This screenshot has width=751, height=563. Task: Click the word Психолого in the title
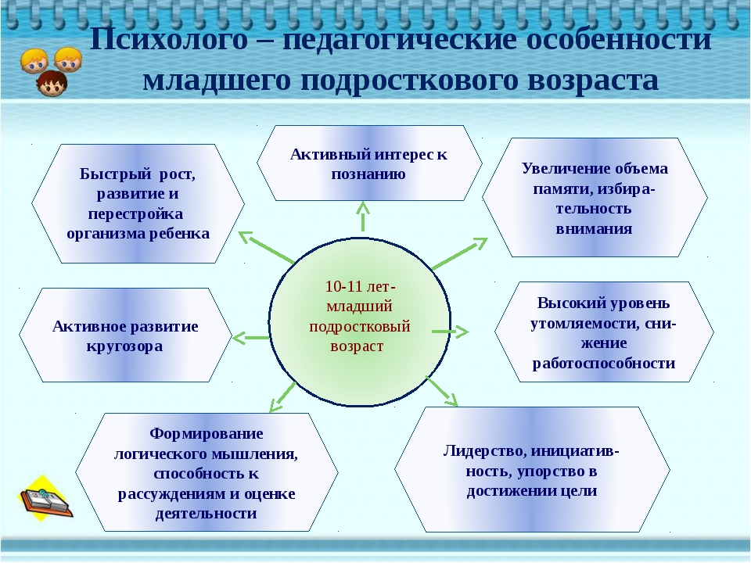pyautogui.click(x=169, y=40)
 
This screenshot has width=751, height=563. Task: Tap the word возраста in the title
pyautogui.click(x=593, y=81)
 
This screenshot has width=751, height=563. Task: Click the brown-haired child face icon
pyautogui.click(x=52, y=84)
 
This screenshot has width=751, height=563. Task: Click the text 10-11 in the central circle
pyautogui.click(x=343, y=286)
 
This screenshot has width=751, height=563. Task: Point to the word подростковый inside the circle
pyautogui.click(x=360, y=327)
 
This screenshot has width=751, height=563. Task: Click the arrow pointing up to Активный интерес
pyautogui.click(x=363, y=217)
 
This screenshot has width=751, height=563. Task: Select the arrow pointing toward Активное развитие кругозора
pyautogui.click(x=251, y=338)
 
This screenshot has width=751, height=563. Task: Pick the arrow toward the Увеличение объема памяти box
pyautogui.click(x=460, y=253)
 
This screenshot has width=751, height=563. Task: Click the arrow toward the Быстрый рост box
pyautogui.click(x=266, y=248)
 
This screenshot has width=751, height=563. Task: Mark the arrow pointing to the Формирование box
pyautogui.click(x=282, y=397)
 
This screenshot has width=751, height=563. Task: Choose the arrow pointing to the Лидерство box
pyautogui.click(x=441, y=391)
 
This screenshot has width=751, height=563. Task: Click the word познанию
pyautogui.click(x=368, y=174)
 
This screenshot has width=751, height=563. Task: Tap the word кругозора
pyautogui.click(x=124, y=346)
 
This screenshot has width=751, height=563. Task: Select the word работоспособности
pyautogui.click(x=603, y=364)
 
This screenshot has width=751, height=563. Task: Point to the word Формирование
pyautogui.click(x=207, y=434)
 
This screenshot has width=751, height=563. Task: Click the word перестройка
pyautogui.click(x=135, y=214)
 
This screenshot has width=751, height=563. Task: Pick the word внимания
pyautogui.click(x=594, y=229)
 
